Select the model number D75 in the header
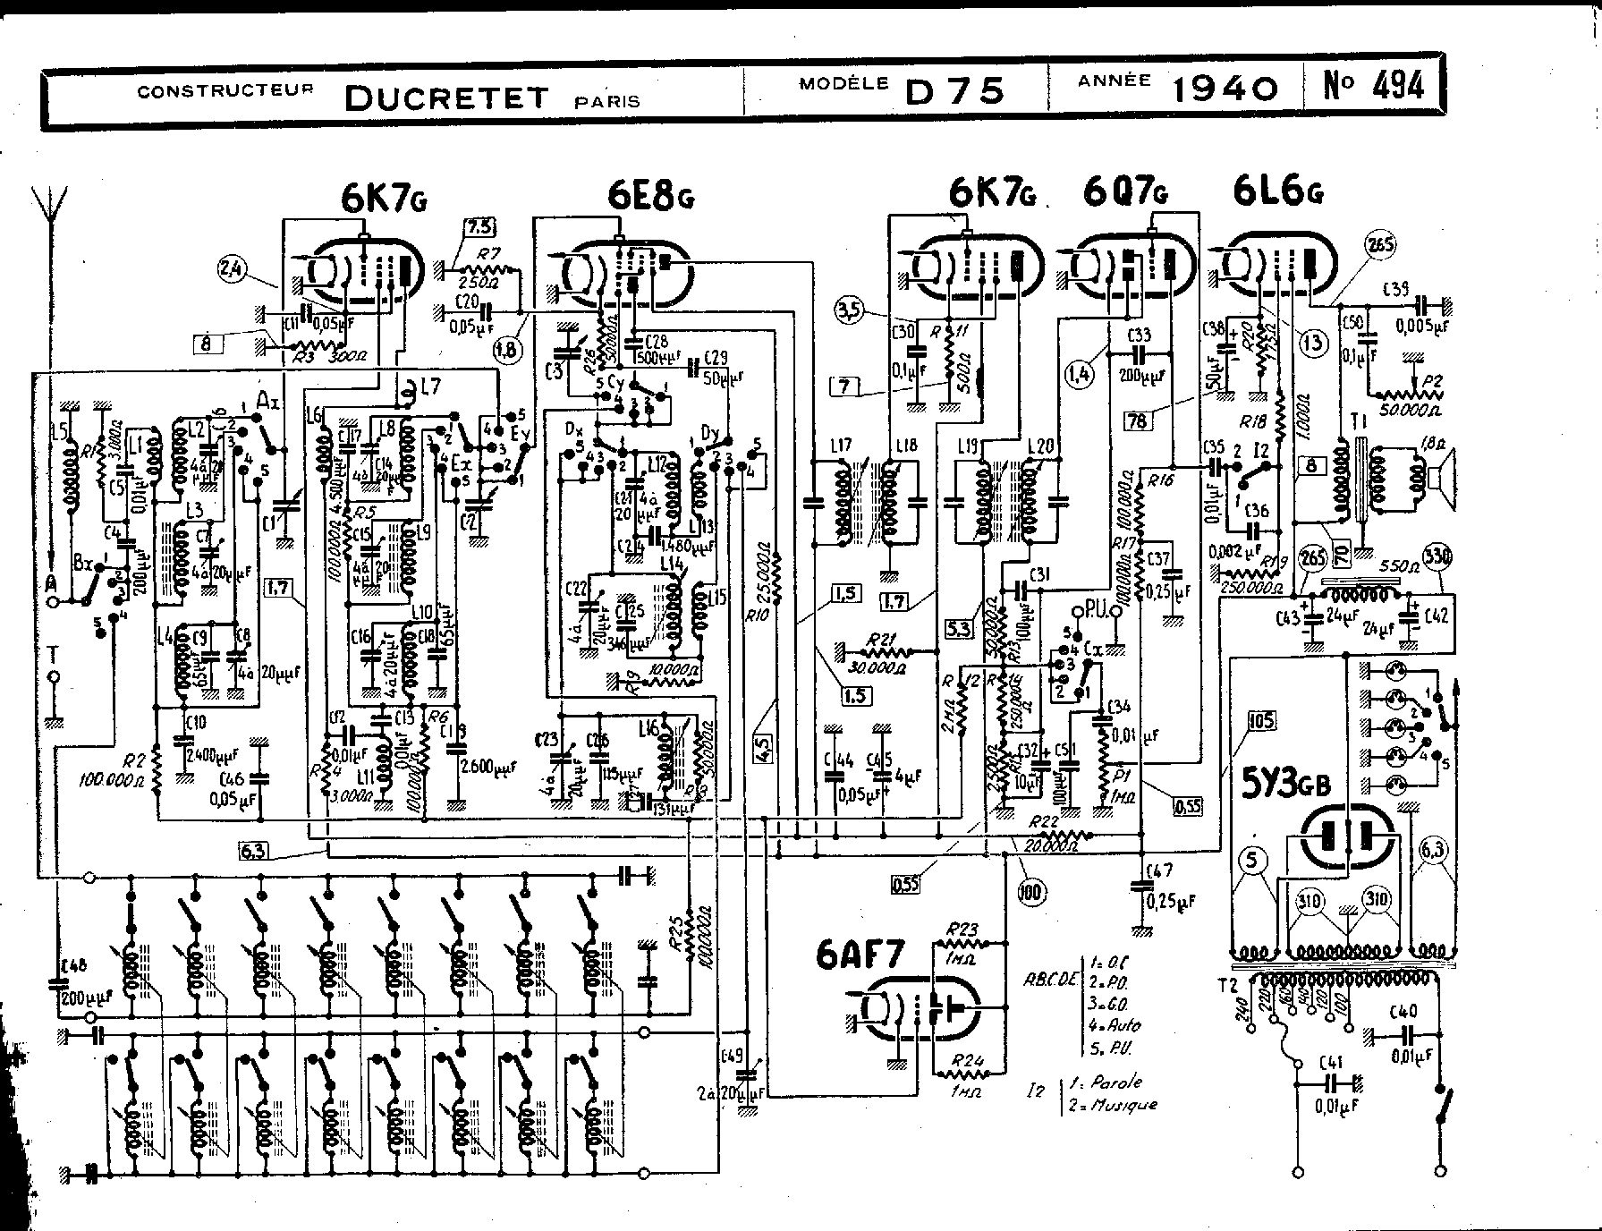tap(955, 91)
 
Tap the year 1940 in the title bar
tap(1225, 88)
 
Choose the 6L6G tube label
tap(1277, 191)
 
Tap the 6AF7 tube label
tap(860, 957)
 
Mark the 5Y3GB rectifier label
tap(1284, 785)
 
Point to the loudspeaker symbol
tap(1443, 480)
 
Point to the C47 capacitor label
tap(1159, 870)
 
